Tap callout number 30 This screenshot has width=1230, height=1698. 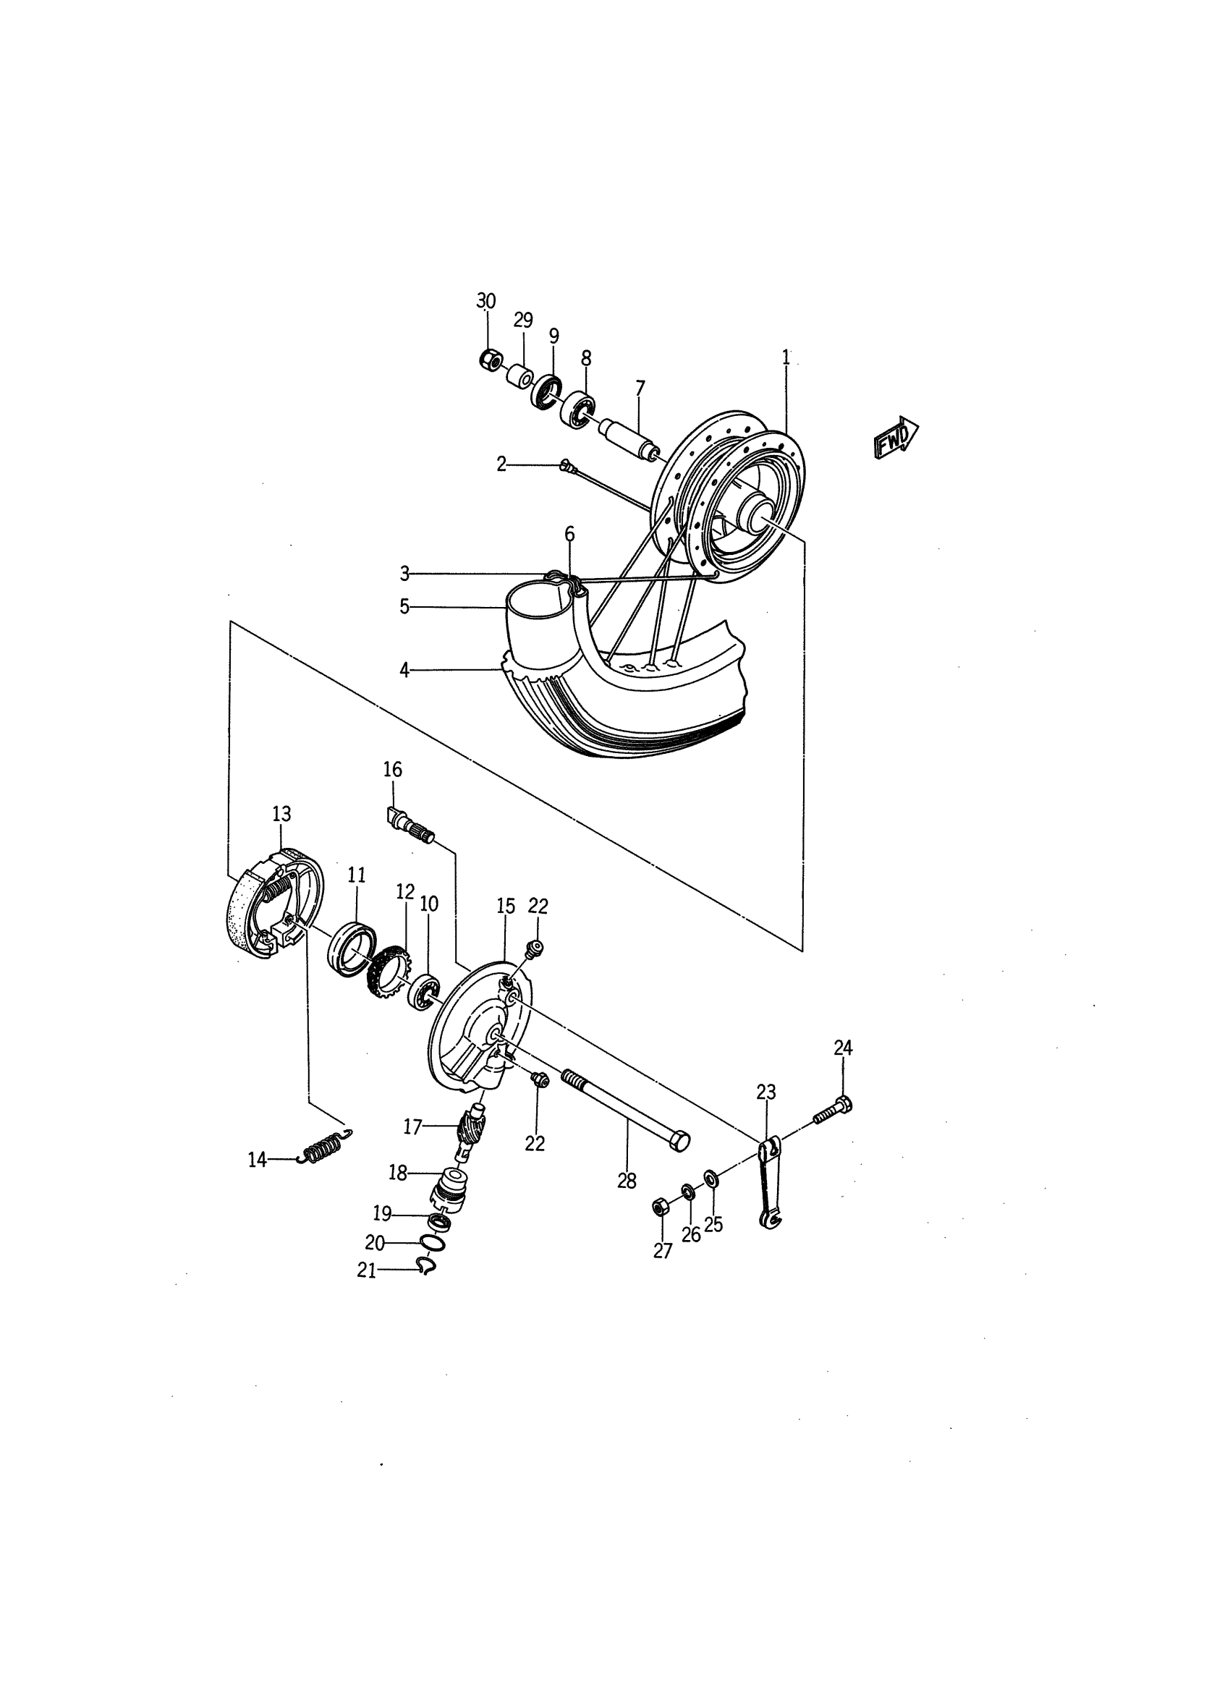tap(486, 301)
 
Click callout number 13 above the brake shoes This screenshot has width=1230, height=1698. tap(281, 814)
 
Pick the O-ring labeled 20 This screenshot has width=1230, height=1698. tap(432, 1243)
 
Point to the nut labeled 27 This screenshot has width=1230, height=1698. tap(661, 1206)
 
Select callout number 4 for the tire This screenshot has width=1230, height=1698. tap(404, 670)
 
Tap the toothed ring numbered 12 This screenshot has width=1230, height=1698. tap(388, 971)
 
